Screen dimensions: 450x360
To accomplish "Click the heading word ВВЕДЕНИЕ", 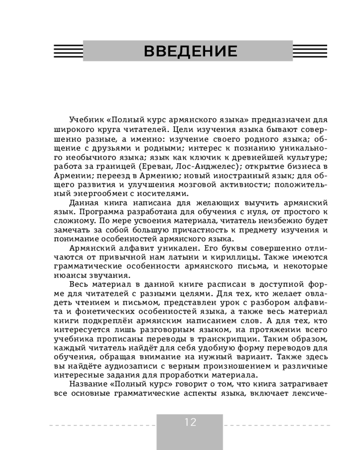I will (x=190, y=51).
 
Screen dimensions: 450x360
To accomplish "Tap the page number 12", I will (x=190, y=422).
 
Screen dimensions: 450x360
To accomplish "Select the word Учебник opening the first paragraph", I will (x=87, y=120).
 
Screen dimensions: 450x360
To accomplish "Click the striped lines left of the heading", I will (x=67, y=51).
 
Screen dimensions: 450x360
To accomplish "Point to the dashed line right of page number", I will (x=277, y=425).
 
